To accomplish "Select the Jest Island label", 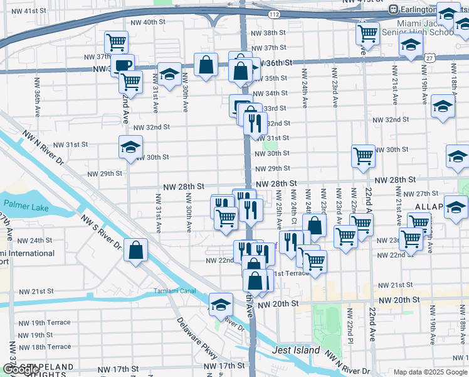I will (297, 351).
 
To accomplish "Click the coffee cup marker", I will (123, 65).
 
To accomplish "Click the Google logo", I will (21, 369).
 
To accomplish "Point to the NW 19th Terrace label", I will (45, 322).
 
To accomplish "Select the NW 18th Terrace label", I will (45, 347).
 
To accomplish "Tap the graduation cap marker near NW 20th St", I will (221, 305).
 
